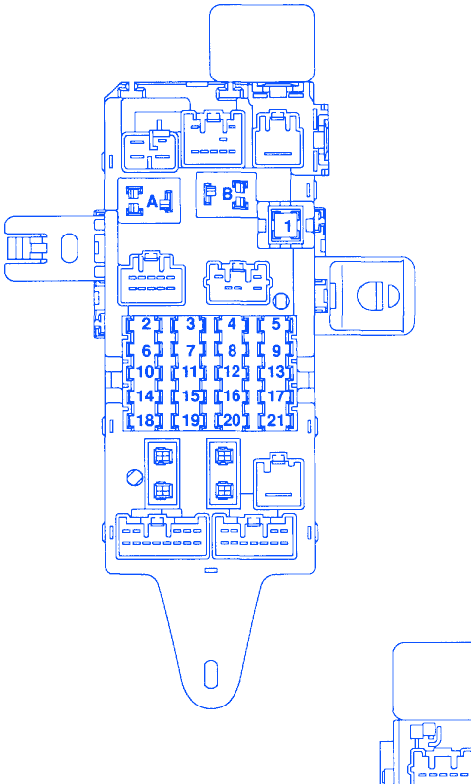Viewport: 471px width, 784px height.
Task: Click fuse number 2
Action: [x=145, y=324]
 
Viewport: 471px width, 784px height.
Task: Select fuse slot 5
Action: [x=276, y=324]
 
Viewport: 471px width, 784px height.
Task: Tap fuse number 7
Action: [x=190, y=351]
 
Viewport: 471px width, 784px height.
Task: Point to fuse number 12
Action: [x=232, y=372]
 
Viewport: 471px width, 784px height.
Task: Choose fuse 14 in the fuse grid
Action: [x=145, y=396]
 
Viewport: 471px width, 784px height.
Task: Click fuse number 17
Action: [x=276, y=396]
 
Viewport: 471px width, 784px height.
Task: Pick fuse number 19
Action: [x=190, y=421]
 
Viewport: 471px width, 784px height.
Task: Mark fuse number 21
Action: [x=276, y=421]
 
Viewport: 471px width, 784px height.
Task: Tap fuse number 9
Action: [x=276, y=351]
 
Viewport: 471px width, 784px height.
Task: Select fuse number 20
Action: [x=232, y=421]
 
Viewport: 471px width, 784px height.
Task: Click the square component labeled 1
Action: [x=287, y=225]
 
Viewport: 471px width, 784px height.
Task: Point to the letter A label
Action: [x=152, y=201]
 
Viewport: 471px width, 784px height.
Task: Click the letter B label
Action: [x=227, y=194]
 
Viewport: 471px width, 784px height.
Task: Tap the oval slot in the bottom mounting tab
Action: [x=211, y=674]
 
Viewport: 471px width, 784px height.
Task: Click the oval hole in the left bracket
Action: [x=69, y=248]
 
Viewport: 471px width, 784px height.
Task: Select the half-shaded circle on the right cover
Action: [x=379, y=295]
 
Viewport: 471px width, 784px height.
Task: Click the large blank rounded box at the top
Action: [x=262, y=43]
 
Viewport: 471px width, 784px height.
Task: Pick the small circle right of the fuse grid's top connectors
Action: [x=281, y=301]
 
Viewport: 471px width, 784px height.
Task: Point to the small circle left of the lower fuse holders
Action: [x=135, y=477]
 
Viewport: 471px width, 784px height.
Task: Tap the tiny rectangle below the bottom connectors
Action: [x=211, y=570]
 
